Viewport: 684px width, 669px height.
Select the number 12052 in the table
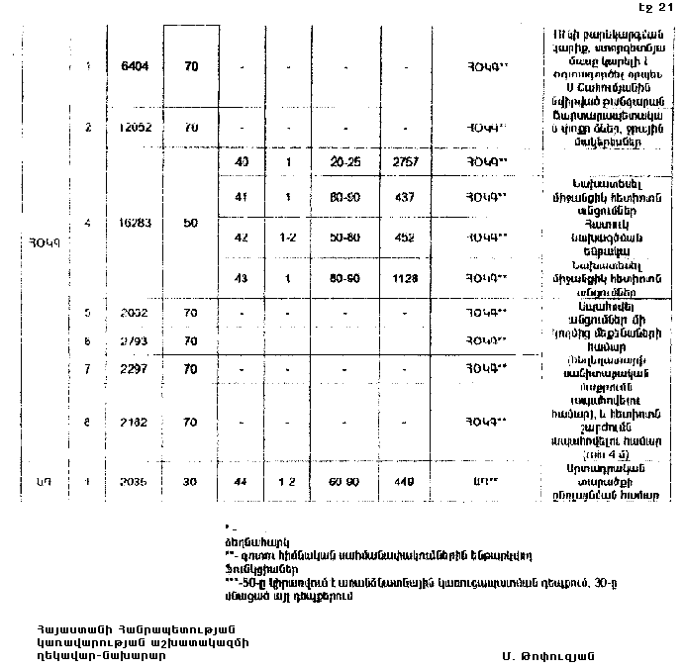tap(132, 129)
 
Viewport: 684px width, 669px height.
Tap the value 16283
tap(132, 224)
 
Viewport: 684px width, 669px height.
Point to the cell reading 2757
tap(407, 161)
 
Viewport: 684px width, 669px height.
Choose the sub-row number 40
tap(241, 161)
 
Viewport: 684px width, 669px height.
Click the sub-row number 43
tap(241, 278)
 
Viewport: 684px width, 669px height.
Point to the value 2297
tap(132, 368)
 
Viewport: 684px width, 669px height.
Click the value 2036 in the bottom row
tap(132, 485)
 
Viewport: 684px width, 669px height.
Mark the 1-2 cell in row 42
tap(286, 238)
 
